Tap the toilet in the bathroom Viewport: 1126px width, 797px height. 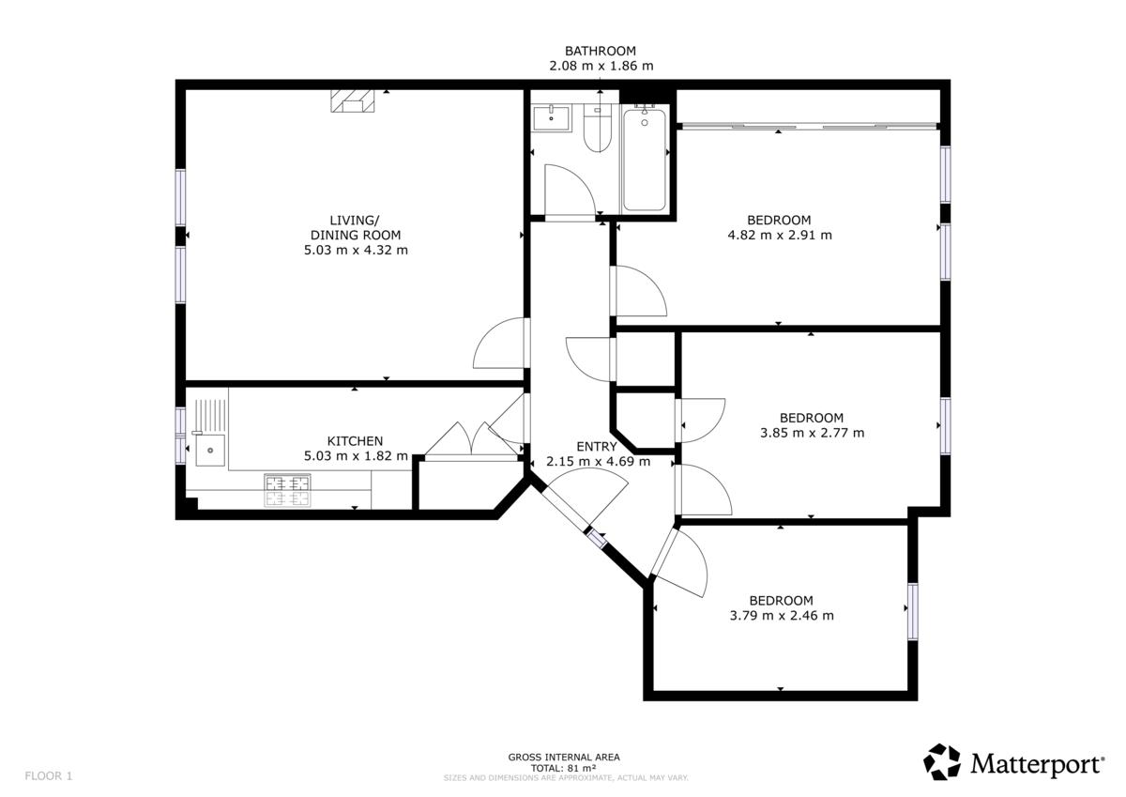(x=597, y=130)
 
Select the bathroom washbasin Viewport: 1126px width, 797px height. (x=552, y=118)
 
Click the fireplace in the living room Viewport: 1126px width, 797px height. (x=353, y=100)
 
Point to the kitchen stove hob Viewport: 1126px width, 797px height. (x=287, y=490)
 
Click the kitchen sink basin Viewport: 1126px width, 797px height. (x=210, y=451)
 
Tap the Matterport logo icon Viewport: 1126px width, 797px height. (x=941, y=762)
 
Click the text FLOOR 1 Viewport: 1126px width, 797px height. (x=49, y=776)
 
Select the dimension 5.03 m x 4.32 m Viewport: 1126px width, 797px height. (x=356, y=250)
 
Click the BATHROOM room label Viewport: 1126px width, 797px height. (x=601, y=51)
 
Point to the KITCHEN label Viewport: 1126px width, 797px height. (x=355, y=441)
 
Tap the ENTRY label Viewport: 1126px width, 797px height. (x=597, y=447)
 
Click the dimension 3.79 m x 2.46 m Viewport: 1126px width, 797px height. (x=782, y=616)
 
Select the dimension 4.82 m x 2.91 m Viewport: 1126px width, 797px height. (x=780, y=235)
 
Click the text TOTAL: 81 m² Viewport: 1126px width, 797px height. (x=564, y=768)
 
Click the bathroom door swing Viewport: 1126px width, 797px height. (x=571, y=192)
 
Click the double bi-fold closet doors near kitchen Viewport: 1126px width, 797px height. (x=471, y=441)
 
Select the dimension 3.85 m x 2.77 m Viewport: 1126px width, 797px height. (x=812, y=433)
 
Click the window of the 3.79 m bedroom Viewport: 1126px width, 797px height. (x=912, y=611)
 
